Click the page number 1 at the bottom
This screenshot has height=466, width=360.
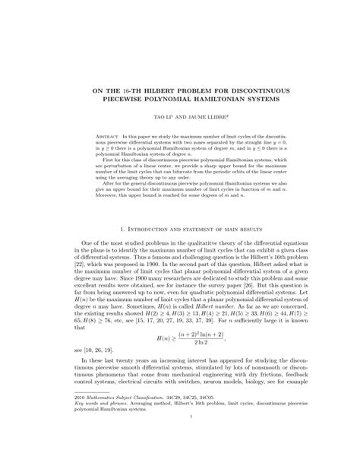click(180, 458)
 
